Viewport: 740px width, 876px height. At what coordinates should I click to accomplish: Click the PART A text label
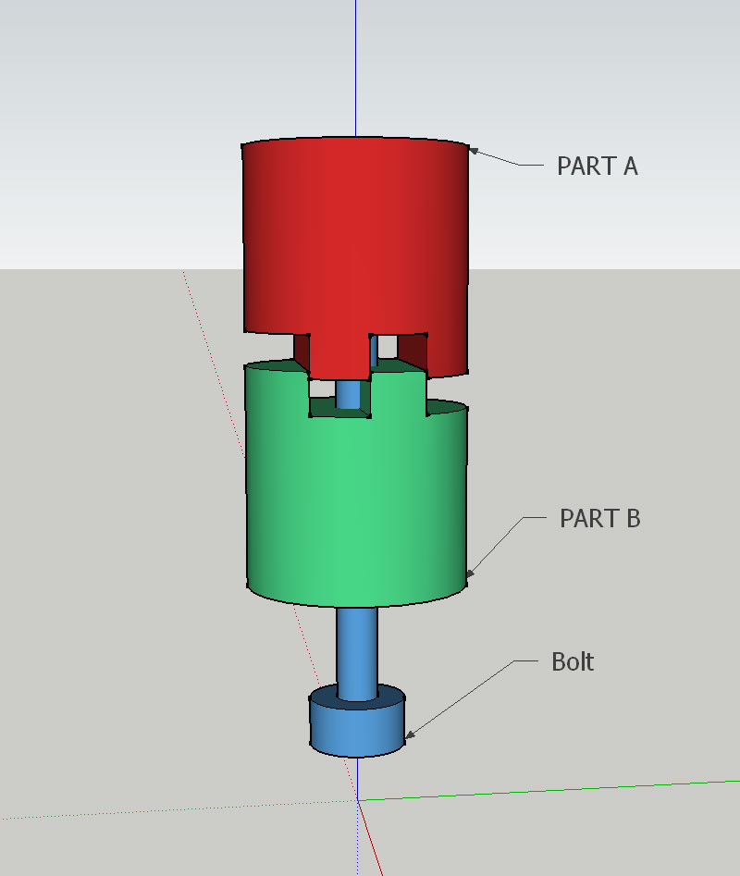(597, 167)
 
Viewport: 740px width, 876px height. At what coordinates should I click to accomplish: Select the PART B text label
(599, 519)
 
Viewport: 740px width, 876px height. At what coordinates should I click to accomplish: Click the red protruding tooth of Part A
(339, 355)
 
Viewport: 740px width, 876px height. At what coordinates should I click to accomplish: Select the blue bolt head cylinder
(356, 730)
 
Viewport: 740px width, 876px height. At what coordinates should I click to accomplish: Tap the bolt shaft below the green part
(357, 648)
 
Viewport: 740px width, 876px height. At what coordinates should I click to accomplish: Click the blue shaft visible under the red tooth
(349, 394)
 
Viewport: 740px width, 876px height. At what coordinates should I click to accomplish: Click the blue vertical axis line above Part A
(356, 65)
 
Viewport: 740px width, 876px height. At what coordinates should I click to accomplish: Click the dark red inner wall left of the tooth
(301, 350)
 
